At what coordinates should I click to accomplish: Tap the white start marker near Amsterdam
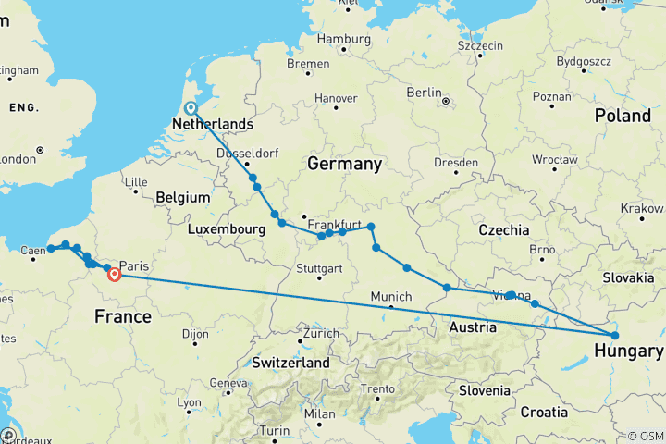[x=191, y=108]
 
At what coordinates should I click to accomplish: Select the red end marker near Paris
[x=116, y=274]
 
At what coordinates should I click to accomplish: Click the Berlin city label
[x=425, y=92]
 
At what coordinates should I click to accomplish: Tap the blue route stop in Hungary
[x=613, y=335]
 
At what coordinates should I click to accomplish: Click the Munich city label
[x=391, y=296]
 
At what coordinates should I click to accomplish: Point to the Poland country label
[x=623, y=116]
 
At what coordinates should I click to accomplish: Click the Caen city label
[x=31, y=251]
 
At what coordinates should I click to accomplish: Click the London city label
[x=18, y=158]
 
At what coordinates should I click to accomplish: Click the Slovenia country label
[x=484, y=390]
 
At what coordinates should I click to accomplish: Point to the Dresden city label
[x=457, y=162]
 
